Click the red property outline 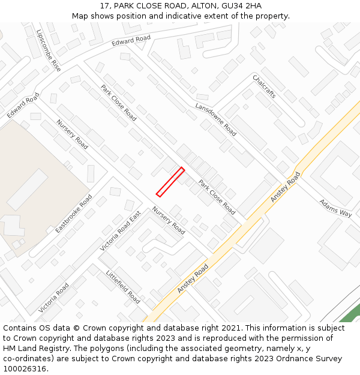click(x=170, y=182)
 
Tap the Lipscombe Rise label click(x=49, y=50)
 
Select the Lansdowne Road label click(x=215, y=118)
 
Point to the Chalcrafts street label click(x=264, y=87)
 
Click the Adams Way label click(x=335, y=208)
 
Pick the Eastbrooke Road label click(x=74, y=213)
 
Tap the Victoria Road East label click(x=120, y=230)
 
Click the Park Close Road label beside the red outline click(x=217, y=197)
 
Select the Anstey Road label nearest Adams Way click(x=285, y=186)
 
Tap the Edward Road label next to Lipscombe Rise click(x=131, y=40)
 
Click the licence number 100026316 click(x=23, y=369)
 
